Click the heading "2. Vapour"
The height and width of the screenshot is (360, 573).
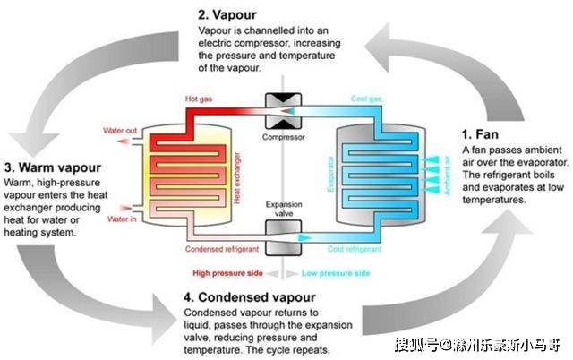coord(227,14)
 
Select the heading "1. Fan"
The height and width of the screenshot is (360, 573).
coord(480,134)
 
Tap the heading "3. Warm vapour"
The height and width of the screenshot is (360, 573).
coord(53,167)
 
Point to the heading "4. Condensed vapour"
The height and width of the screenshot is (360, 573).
coord(250,297)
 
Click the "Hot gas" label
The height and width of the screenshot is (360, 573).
coord(199,99)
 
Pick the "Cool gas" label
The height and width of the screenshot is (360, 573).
coord(366,99)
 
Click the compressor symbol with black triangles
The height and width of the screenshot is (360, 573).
coord(283,111)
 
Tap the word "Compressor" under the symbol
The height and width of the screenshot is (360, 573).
coord(283,137)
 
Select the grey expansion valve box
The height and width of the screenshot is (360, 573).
coord(283,237)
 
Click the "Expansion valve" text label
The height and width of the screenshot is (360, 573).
coord(284,209)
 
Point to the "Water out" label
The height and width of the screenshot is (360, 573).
coord(120,131)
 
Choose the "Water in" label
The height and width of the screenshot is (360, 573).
coord(122,219)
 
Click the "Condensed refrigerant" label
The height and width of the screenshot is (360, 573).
coord(222,249)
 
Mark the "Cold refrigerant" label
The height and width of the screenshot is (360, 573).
coord(355,249)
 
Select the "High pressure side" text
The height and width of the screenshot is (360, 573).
coord(227,273)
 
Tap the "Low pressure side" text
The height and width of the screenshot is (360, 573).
coord(336,273)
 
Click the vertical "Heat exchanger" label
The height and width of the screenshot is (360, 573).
coord(237,178)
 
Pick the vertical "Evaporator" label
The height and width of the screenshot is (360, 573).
coord(330,175)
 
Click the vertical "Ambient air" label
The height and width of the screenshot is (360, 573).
coord(447,176)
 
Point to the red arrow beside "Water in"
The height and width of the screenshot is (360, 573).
coord(125,209)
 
